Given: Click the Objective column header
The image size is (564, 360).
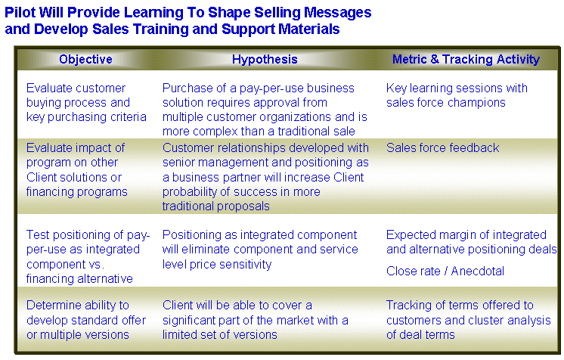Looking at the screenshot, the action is [x=85, y=59].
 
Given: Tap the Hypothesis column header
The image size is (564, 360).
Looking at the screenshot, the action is [x=265, y=60].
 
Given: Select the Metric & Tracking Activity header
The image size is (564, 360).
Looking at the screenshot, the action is [x=466, y=60].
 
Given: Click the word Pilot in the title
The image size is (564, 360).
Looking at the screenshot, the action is [x=20, y=13].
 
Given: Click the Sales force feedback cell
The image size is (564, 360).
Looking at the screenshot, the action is [x=442, y=147].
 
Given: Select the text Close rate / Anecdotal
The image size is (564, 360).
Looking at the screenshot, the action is [x=445, y=271].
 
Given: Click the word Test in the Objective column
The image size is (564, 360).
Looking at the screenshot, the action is [x=37, y=234].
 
